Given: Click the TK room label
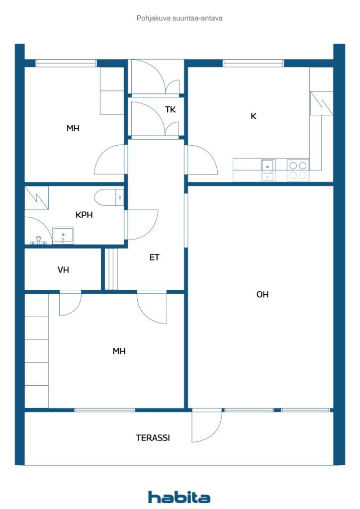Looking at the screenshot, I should tap(171, 110).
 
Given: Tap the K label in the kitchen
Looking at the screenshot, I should tap(254, 116).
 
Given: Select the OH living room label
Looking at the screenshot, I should tap(263, 294).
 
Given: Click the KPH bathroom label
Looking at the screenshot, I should tap(84, 215).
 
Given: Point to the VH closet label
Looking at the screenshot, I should tap(63, 270).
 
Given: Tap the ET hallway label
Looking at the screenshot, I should tap(154, 257).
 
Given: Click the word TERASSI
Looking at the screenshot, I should tap(153, 438).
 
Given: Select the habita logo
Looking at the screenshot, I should tap(180, 497).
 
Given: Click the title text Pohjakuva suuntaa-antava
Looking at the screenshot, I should tap(180, 18).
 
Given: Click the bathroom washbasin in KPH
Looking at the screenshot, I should tap(63, 235).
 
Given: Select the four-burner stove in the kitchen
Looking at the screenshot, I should tap(298, 170).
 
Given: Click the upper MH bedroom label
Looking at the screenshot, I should tap(73, 128).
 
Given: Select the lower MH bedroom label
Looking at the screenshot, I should tap(119, 351).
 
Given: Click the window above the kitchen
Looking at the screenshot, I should tap(253, 63).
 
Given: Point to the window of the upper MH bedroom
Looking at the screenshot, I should tap(66, 63).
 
